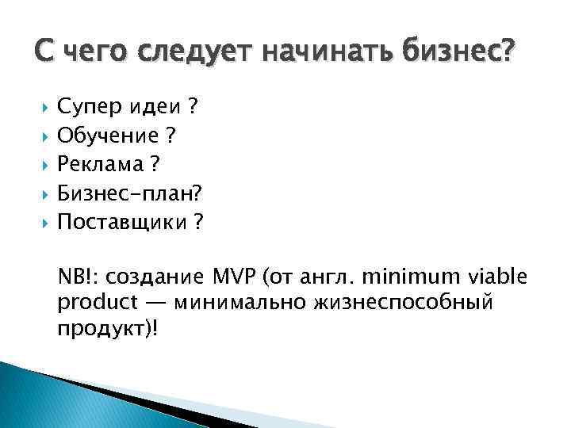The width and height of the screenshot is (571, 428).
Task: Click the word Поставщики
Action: pos(121,223)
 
